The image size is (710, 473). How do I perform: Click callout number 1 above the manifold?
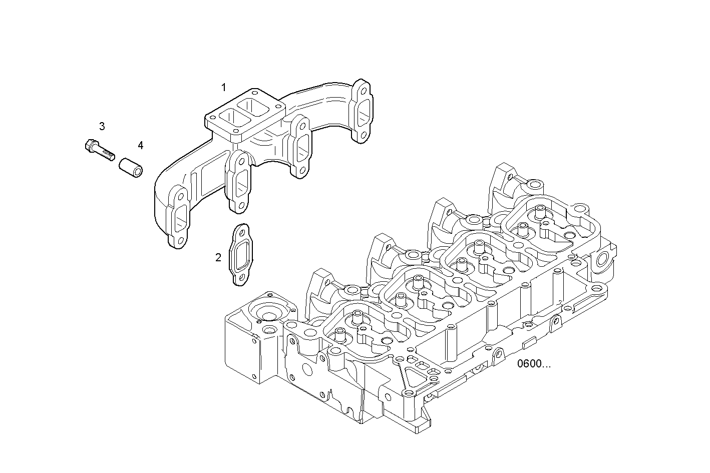(224, 88)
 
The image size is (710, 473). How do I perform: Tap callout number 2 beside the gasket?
(218, 258)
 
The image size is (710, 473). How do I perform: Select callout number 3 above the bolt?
(102, 126)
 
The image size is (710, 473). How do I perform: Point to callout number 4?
(141, 145)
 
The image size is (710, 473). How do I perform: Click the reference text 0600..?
(534, 364)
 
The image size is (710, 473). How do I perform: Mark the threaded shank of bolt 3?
(106, 152)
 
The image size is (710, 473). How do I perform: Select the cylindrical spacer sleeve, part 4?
(131, 167)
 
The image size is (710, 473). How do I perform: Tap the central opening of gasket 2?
(241, 255)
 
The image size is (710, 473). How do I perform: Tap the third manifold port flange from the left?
(300, 146)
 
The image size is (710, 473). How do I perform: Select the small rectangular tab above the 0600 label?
(529, 344)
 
